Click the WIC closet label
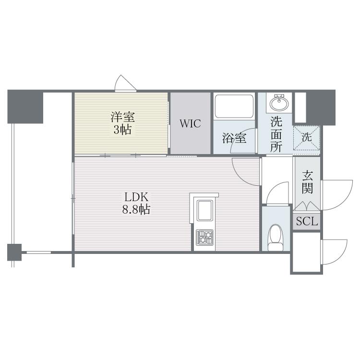tap(190, 123)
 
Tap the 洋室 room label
tap(122, 117)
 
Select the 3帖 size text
tap(122, 130)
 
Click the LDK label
tap(136, 197)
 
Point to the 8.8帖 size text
tap(136, 209)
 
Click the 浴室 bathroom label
tap(234, 138)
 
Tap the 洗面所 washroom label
tap(276, 134)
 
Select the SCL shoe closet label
tap(307, 221)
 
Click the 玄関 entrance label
tap(307, 182)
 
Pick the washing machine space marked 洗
tap(307, 138)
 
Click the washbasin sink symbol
tap(279, 103)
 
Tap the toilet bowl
tap(276, 238)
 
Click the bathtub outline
tap(234, 106)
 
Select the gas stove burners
tap(204, 237)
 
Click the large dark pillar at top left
tap(25, 107)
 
